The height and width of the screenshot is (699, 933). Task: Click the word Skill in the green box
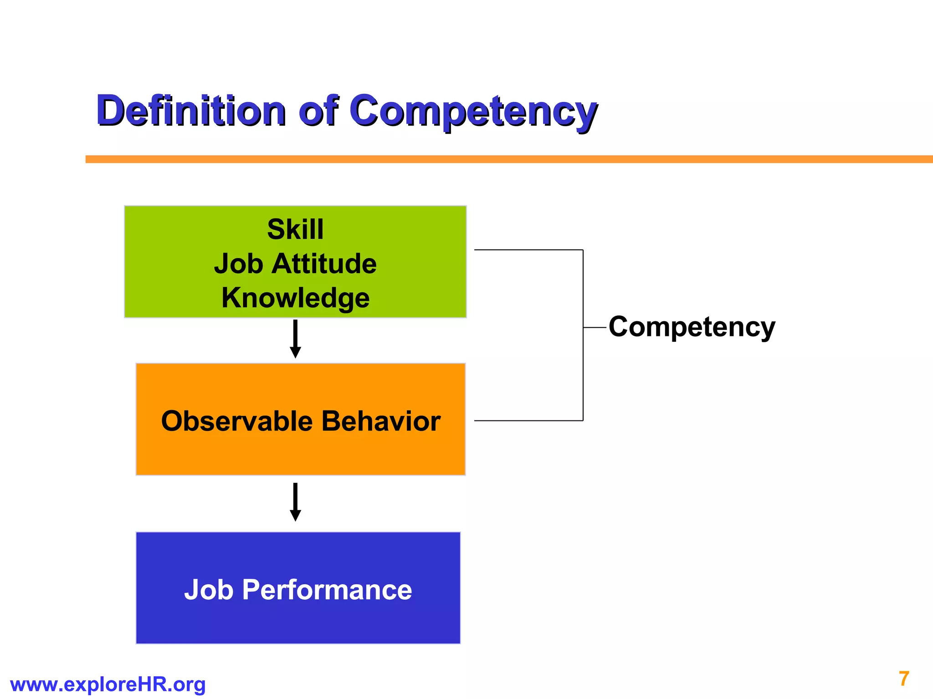tap(295, 229)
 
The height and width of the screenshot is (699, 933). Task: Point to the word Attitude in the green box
tap(324, 264)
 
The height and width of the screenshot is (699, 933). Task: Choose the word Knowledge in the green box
tap(295, 298)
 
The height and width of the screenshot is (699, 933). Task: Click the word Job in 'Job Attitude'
tap(238, 264)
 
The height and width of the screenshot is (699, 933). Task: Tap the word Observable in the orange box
tap(236, 421)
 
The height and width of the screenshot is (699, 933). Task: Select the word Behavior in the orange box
tap(381, 421)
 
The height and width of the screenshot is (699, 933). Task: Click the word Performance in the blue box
tap(327, 590)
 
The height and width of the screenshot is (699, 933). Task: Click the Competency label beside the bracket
tap(692, 327)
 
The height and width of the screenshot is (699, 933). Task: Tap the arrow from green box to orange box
tap(295, 339)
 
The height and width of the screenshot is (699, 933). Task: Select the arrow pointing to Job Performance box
tap(295, 502)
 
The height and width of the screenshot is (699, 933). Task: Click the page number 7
tap(904, 679)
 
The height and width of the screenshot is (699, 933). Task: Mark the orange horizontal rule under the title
tap(501, 159)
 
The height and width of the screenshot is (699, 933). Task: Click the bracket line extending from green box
tap(528, 250)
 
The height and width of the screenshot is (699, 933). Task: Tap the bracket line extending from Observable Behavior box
tap(528, 420)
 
